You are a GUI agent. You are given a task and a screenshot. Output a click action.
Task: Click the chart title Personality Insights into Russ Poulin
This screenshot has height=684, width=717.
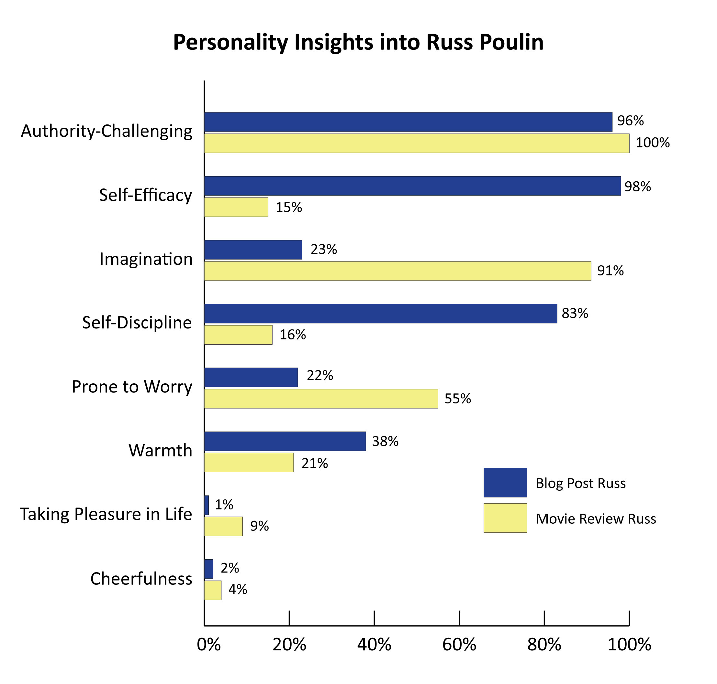pos(358,42)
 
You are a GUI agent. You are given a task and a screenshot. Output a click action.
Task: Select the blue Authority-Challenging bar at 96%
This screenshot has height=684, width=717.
pos(408,122)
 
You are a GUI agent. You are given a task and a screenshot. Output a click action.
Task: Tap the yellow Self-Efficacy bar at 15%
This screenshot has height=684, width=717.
pos(236,207)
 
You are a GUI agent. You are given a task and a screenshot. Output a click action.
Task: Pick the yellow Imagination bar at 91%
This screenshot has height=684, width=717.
pos(397,271)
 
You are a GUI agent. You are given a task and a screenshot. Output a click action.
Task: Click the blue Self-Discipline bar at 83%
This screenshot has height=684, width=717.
pos(380,314)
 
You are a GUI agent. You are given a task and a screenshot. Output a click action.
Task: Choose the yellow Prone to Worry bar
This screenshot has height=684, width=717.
pos(321,399)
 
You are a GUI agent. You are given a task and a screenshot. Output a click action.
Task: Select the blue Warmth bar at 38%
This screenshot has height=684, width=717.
pos(285,441)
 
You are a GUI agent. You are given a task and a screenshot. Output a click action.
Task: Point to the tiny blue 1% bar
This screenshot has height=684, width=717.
pos(207,505)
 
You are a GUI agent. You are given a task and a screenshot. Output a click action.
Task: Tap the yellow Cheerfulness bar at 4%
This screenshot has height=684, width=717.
pos(212,590)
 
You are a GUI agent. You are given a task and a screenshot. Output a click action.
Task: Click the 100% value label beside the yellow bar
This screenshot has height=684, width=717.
pos(652,143)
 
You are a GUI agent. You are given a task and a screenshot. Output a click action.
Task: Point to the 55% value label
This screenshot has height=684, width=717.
pos(457,399)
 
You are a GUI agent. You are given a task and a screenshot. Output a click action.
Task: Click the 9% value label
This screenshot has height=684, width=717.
pos(259,526)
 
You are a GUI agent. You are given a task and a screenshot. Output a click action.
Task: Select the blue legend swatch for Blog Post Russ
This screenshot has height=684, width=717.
pos(505,482)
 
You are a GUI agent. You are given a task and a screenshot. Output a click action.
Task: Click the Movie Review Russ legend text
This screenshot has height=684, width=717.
pos(596,518)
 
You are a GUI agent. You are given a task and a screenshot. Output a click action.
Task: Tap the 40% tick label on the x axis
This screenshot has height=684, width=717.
pos(374,645)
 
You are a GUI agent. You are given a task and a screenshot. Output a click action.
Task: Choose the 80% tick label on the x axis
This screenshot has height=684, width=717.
pos(544,645)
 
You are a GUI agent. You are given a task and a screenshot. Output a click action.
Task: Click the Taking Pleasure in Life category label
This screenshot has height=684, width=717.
pos(106,514)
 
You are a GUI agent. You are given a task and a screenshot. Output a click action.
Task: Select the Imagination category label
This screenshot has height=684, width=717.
pos(146,259)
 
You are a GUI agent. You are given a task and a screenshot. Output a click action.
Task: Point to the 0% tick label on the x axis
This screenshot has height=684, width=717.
pos(208,645)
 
